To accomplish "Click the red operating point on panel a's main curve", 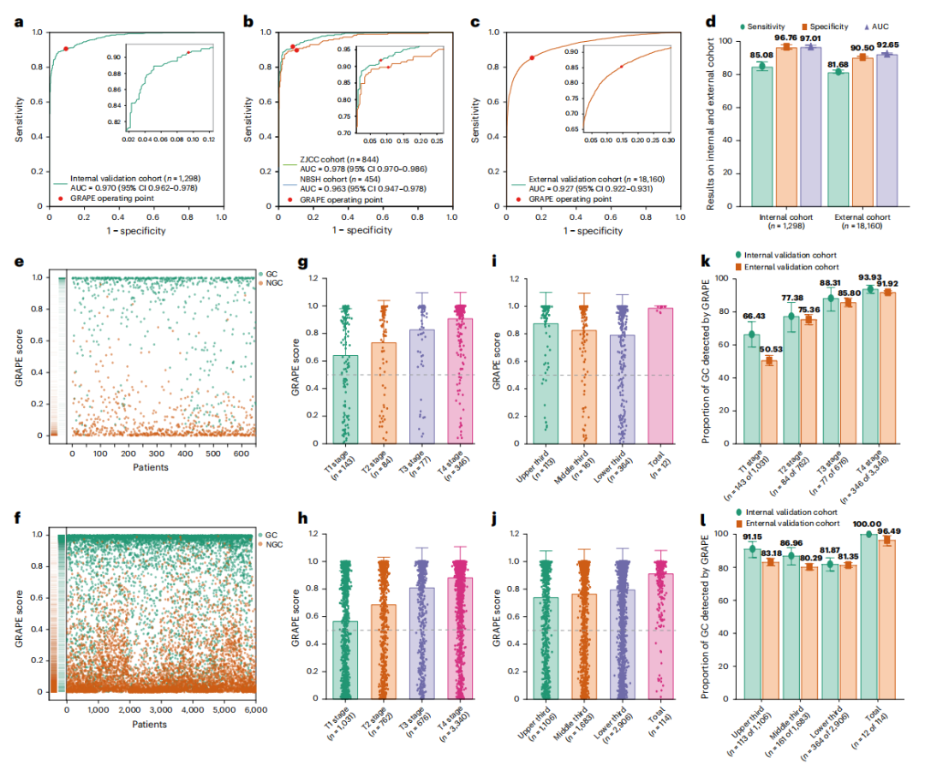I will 66,49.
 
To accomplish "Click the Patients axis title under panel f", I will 149,724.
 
